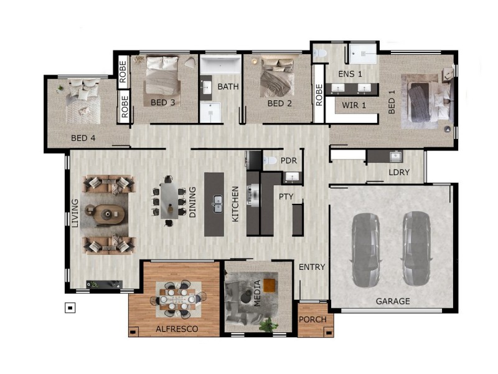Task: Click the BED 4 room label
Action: coord(83,138)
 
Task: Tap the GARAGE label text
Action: coord(393,301)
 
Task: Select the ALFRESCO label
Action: coord(177,329)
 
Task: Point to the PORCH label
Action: coord(313,319)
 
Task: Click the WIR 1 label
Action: coord(354,105)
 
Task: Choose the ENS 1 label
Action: coord(350,74)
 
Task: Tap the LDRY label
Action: coord(399,172)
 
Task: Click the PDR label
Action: coord(289,161)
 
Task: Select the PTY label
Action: coord(286,196)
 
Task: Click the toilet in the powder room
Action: coord(270,160)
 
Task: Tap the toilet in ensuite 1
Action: coord(320,53)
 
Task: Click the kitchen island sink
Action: coord(217,204)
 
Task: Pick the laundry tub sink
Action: coord(396,156)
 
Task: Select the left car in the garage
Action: coord(366,250)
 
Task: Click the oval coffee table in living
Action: coord(108,214)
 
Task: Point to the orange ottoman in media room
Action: coord(269,285)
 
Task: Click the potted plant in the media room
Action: coord(268,325)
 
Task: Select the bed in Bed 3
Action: coord(162,76)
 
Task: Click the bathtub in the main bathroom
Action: coord(220,65)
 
